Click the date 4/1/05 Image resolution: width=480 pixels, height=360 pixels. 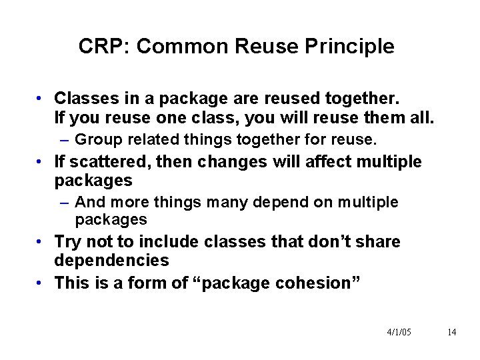[x=399, y=332]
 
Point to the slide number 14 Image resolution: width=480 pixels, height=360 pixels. [x=451, y=332]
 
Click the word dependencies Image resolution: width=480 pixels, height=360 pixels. [x=112, y=260]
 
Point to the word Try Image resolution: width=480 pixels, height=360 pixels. [x=68, y=241]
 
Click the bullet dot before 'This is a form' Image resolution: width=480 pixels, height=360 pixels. [x=41, y=283]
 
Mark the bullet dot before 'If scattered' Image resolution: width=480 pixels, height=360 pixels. [x=41, y=161]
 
